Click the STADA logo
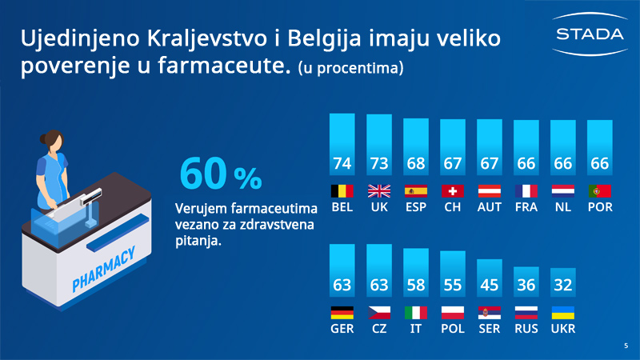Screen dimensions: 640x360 tap(590, 34)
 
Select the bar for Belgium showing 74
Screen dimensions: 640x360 tap(342, 145)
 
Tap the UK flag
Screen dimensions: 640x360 tap(379, 191)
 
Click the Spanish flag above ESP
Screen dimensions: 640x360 tap(416, 191)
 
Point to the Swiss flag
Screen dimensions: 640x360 tap(453, 191)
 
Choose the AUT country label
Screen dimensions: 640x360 tap(490, 207)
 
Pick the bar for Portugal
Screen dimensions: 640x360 tap(599, 148)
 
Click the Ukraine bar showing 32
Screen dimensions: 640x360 tap(563, 282)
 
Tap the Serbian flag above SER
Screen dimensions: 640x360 tap(490, 313)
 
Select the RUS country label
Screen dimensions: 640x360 tap(526, 329)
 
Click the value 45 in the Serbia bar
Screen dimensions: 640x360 tap(490, 285)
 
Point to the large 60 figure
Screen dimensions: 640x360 tap(203, 174)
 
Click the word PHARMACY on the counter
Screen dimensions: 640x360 tap(103, 270)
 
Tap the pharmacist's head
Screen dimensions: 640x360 tap(53, 141)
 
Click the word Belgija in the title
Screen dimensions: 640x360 tap(325, 38)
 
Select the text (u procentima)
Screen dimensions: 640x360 tap(350, 68)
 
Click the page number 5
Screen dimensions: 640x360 tap(626, 346)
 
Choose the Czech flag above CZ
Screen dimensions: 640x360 tap(379, 313)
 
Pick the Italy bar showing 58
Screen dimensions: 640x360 tap(416, 273)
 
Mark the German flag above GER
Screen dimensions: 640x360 tap(342, 313)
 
